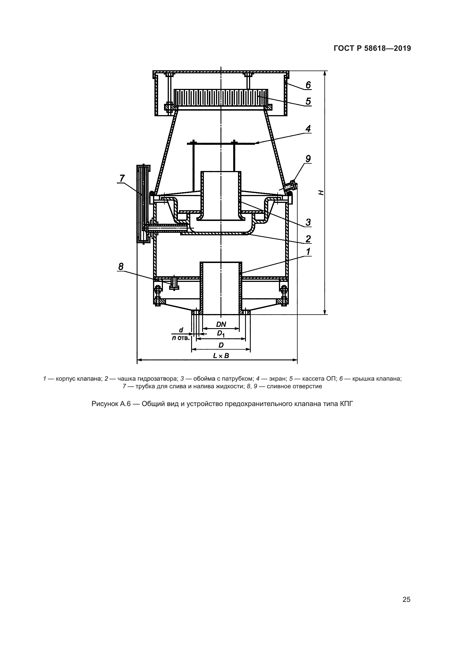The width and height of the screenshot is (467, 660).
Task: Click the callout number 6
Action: coord(308,85)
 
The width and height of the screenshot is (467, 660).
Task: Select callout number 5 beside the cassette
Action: coord(308,101)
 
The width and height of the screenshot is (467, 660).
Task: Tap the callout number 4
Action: coord(308,128)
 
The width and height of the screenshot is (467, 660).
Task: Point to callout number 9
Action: coord(308,159)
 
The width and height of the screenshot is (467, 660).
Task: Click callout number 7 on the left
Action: coord(122,179)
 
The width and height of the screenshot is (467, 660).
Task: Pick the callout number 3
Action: coord(308,222)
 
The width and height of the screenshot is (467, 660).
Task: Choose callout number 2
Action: coord(308,239)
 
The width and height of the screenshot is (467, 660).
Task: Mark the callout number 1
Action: coord(308,251)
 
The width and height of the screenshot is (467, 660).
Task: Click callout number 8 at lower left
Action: coord(121,266)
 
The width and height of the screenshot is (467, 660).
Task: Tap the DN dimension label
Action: coord(221,324)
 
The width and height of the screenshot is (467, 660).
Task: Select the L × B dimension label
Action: coord(221,356)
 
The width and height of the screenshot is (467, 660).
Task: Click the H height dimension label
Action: coord(322,193)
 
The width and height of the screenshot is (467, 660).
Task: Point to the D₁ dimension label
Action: coord(221,334)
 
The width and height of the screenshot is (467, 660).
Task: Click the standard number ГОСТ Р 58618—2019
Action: coord(372,49)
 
